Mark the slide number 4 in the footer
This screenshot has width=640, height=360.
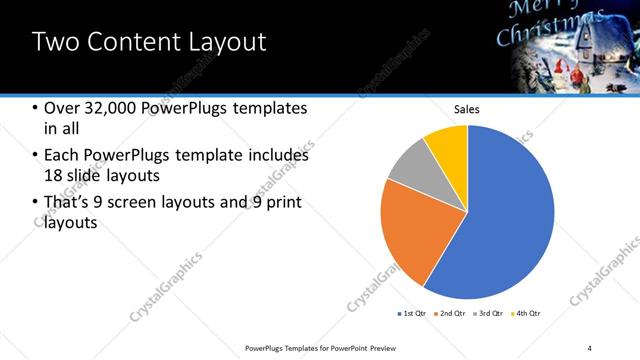(x=589, y=347)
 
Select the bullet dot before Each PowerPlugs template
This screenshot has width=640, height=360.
(x=36, y=156)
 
